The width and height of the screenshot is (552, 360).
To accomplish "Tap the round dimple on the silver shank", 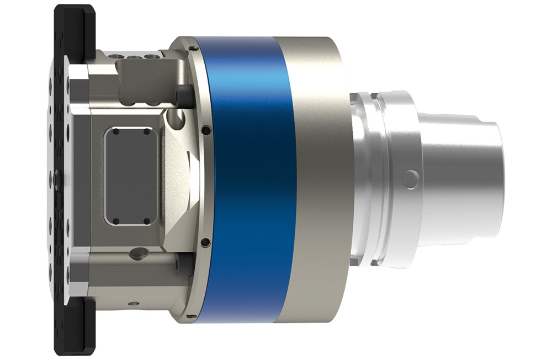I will (x=410, y=179).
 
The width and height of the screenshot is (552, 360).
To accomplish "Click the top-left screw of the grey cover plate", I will (x=116, y=131).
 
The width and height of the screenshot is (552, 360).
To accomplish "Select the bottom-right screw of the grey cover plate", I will (x=147, y=221).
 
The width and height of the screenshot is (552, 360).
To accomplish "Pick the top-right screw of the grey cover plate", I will (x=147, y=131).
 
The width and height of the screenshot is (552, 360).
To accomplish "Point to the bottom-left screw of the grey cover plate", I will (x=116, y=221).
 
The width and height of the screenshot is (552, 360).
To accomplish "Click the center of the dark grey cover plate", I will (x=131, y=176).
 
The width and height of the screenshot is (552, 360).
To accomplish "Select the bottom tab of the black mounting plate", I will (x=75, y=331).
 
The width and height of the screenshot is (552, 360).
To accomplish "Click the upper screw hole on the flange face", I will (x=205, y=130).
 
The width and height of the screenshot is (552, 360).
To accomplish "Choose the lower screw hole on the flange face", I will (x=205, y=242).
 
